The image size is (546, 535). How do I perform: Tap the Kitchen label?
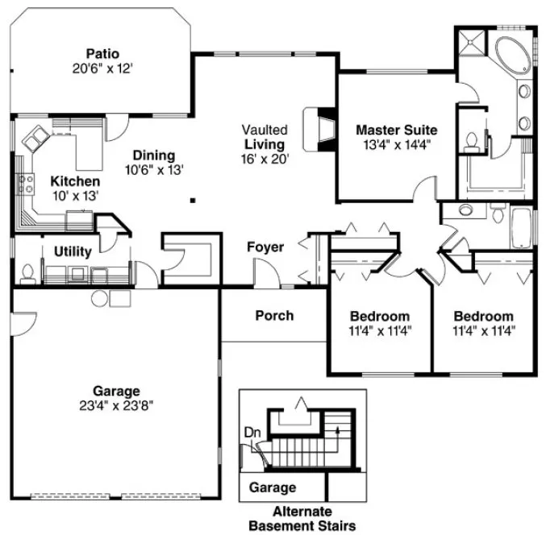point(75,181)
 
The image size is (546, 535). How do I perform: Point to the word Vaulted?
point(265,130)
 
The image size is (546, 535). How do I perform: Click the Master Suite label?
point(397,129)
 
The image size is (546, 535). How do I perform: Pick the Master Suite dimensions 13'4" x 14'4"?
point(397,146)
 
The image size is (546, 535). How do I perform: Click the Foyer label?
point(265,247)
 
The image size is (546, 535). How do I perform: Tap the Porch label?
point(274,315)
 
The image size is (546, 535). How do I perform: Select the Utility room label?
point(72,252)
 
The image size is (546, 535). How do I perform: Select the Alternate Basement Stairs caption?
point(302,520)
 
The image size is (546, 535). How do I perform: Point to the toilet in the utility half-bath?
point(27,274)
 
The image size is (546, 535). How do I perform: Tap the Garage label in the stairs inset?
point(272,487)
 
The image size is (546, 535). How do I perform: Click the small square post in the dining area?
point(194,201)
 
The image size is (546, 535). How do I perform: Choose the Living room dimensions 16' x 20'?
point(266,159)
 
